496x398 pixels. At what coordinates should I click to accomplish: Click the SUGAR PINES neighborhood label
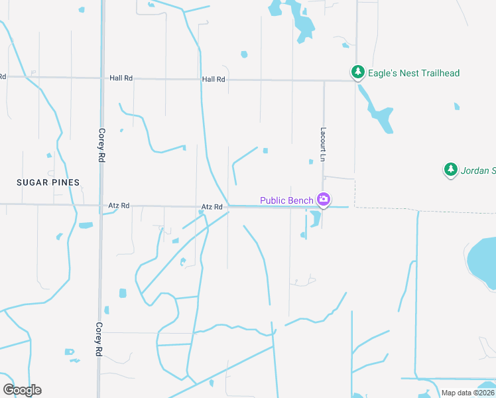(49, 182)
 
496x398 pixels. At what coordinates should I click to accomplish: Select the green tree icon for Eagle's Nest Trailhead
(358, 72)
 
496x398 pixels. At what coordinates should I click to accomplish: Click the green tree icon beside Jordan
(451, 170)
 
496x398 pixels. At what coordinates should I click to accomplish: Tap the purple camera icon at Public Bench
(324, 199)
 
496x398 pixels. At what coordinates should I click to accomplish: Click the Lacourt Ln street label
(324, 143)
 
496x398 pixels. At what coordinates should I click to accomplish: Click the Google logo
(22, 390)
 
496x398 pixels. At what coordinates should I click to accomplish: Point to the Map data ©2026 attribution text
(467, 393)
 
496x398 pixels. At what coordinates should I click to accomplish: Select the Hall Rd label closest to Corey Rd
(121, 78)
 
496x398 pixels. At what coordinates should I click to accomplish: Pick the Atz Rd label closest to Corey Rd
(119, 207)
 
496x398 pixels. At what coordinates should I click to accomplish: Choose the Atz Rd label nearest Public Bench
(212, 208)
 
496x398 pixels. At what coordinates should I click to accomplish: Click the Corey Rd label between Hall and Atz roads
(102, 146)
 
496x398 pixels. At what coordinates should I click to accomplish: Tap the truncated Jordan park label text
(478, 171)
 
